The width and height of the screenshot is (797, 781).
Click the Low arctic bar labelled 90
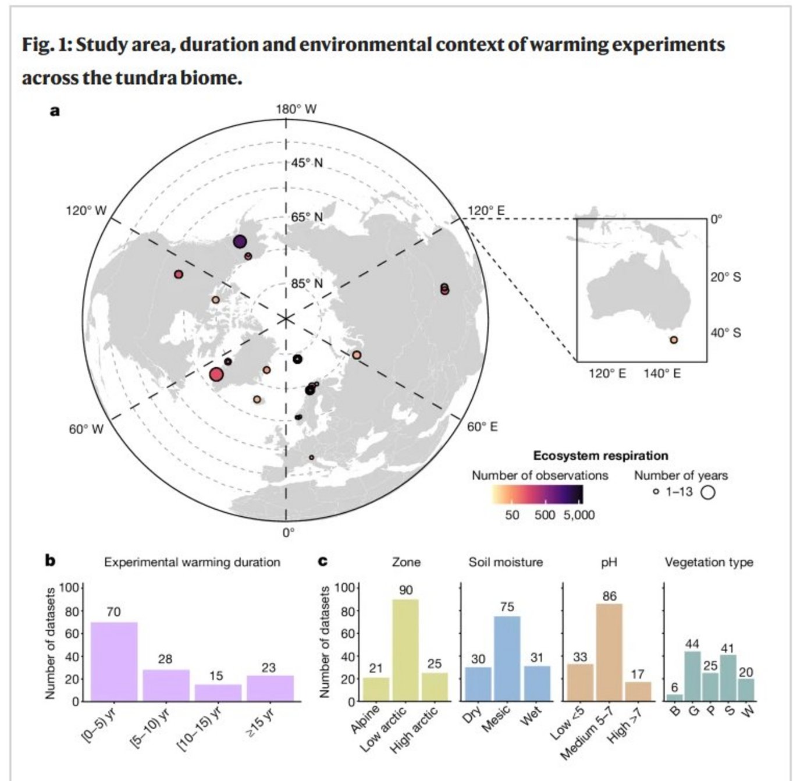(405, 649)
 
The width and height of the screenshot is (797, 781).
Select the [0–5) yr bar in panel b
(114, 661)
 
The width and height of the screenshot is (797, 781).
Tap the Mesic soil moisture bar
(507, 658)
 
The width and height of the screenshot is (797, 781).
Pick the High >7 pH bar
(638, 691)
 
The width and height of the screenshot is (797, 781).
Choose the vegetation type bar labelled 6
(674, 697)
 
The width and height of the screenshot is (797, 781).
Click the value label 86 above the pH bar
(609, 596)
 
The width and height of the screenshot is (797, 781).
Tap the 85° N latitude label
(307, 284)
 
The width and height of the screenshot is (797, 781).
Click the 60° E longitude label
(482, 427)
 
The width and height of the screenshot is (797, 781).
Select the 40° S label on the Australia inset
(725, 333)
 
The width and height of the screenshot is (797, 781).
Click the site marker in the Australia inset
(674, 340)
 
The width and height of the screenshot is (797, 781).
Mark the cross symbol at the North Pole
(285, 318)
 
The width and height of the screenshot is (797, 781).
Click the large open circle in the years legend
(707, 492)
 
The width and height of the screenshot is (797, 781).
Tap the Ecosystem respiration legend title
(600, 456)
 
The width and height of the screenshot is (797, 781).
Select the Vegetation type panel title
(709, 562)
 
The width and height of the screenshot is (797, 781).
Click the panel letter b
(51, 561)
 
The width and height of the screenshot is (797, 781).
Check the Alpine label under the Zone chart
(365, 719)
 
